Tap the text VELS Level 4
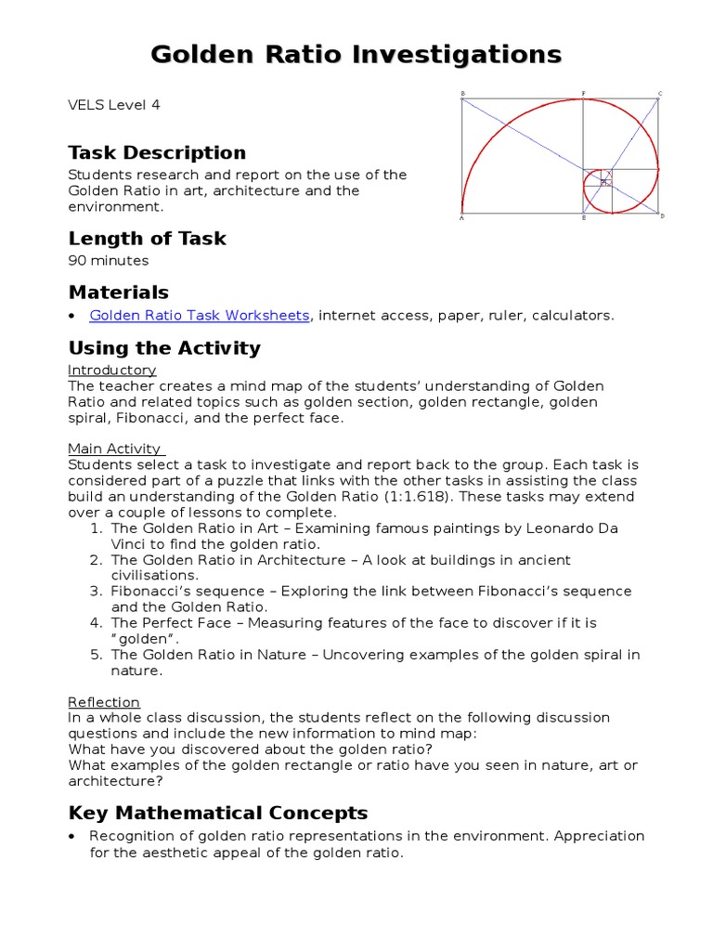click(114, 105)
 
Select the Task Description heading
click(157, 153)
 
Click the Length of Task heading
click(147, 239)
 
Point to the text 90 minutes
click(108, 261)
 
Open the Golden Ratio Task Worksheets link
click(199, 316)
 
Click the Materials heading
click(118, 293)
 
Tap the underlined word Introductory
click(111, 371)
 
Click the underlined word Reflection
click(104, 702)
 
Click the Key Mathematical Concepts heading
click(218, 814)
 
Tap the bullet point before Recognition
click(72, 837)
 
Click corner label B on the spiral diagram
click(462, 94)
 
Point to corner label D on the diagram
click(662, 216)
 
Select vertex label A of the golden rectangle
click(461, 217)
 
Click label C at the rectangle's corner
click(660, 94)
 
